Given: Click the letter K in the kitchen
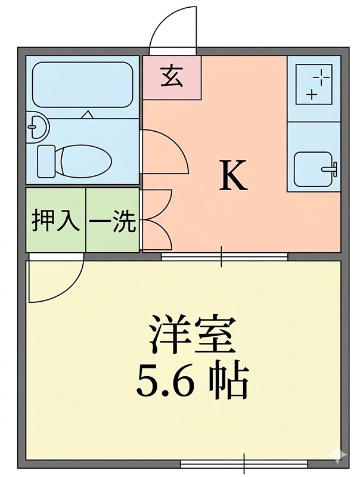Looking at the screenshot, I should [233, 176].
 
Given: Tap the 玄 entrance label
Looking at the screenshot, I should [172, 78].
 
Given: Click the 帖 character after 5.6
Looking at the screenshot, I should [229, 381].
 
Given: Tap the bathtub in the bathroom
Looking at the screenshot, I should [82, 85].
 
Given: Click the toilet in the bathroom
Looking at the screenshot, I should [74, 160].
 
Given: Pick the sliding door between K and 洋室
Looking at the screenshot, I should [224, 257].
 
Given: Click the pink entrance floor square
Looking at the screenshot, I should [172, 78].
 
